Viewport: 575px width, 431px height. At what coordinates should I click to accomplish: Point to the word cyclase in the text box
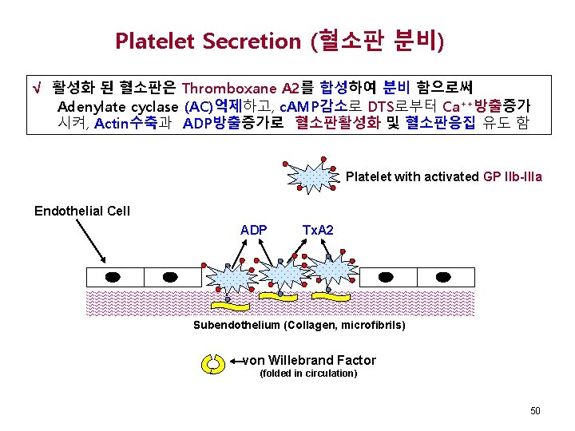(x=156, y=106)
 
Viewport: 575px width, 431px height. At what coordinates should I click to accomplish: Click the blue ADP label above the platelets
(x=253, y=230)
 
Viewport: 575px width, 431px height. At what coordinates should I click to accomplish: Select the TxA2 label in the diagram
(x=318, y=230)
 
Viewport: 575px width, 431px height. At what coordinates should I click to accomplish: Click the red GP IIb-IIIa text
(x=513, y=176)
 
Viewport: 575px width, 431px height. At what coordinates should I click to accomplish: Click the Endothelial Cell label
(x=81, y=212)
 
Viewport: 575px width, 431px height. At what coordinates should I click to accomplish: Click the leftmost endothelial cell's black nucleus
(x=114, y=276)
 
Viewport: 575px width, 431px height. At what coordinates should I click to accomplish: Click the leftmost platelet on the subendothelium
(x=229, y=279)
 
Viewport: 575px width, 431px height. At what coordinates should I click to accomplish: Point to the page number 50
(x=535, y=410)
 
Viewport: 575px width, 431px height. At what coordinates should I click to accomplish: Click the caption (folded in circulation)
(x=309, y=374)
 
